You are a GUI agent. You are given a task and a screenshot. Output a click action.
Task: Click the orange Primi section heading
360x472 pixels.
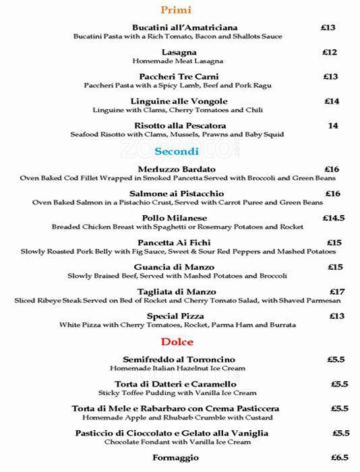tap(176, 10)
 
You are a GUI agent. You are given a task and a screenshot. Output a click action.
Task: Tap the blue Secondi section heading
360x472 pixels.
tap(177, 152)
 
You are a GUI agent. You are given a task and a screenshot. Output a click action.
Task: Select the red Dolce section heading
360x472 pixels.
tap(177, 342)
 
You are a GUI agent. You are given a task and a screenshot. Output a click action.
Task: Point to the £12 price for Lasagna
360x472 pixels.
tap(330, 52)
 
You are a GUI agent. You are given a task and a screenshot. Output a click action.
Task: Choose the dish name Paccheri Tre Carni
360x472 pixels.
tap(179, 77)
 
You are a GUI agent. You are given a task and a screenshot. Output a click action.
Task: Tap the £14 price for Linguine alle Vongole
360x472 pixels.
tap(332, 101)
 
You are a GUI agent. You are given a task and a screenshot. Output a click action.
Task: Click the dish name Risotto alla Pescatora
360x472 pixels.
tap(180, 126)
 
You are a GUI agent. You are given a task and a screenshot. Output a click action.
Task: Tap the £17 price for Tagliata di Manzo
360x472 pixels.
tap(337, 292)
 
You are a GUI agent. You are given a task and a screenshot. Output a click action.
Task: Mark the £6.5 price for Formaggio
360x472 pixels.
tap(339, 458)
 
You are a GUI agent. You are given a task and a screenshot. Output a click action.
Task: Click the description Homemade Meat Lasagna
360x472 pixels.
tap(179, 61)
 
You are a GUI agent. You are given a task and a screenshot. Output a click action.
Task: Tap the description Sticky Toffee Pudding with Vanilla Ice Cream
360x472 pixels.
tap(178, 393)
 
